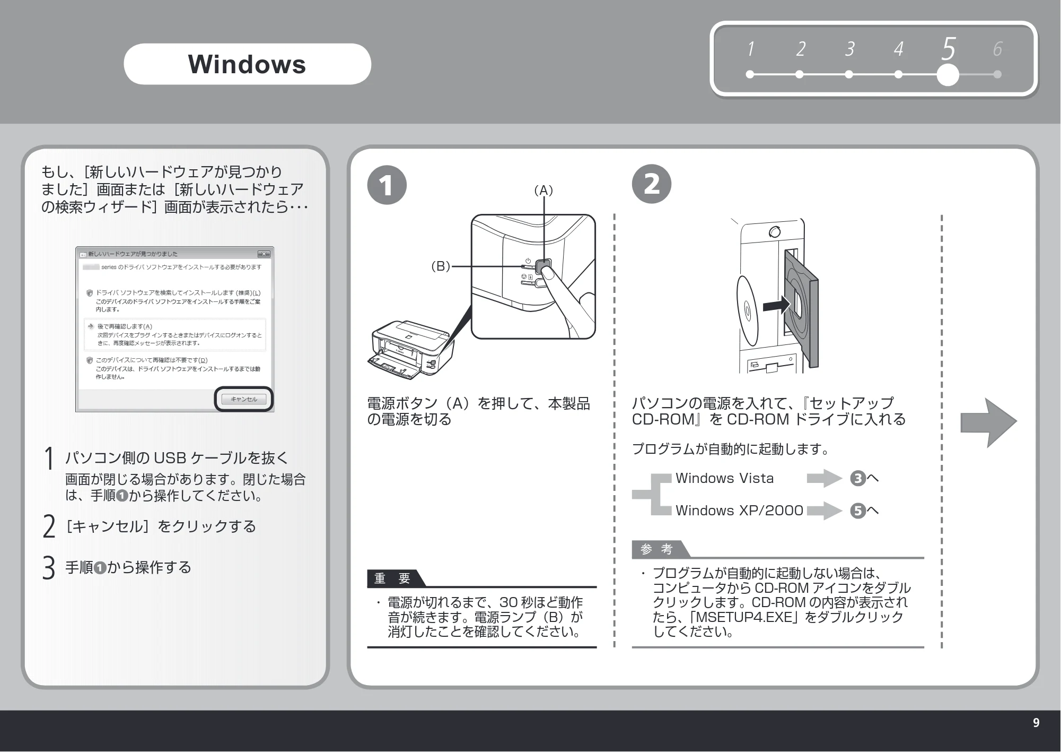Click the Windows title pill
pos(247,64)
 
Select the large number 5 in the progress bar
pos(949,48)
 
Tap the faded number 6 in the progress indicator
pos(997,49)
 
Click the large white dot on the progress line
pos(948,75)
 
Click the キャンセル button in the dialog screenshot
pos(244,399)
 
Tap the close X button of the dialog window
pos(264,254)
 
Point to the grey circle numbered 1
pos(387,185)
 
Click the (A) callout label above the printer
pos(543,190)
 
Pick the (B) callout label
pos(441,266)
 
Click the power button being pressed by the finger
pos(543,265)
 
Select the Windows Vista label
pos(724,478)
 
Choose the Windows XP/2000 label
pos(739,511)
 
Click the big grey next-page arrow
pos(988,422)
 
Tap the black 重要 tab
pos(393,578)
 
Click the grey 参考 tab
pos(658,549)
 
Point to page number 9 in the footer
pos(1036,723)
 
